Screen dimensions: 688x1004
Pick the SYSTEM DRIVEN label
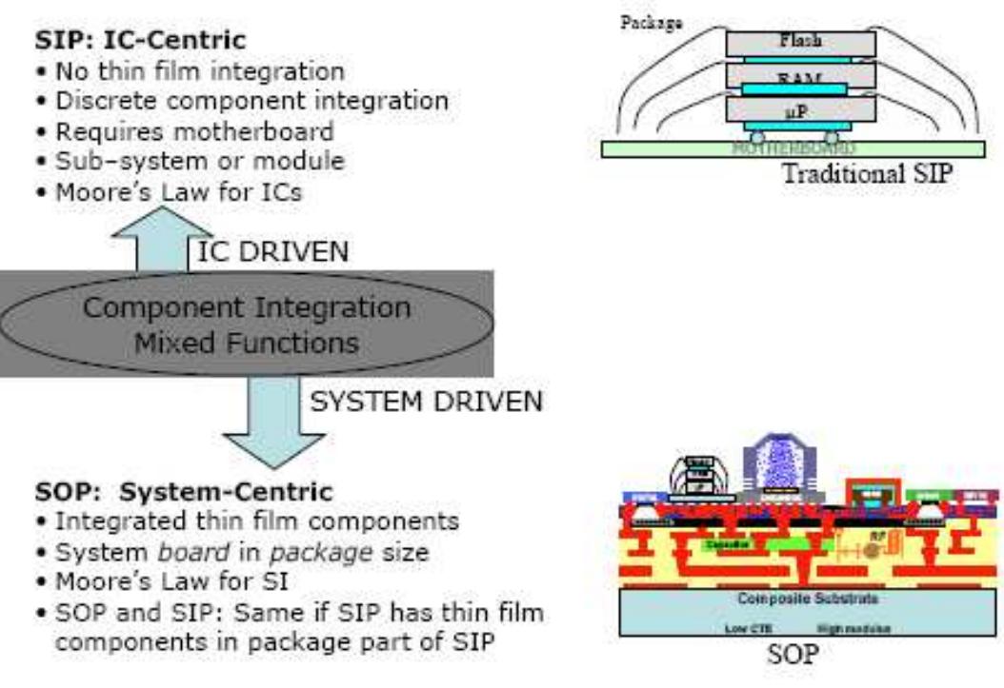tap(426, 403)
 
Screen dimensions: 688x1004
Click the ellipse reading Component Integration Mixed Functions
tap(248, 324)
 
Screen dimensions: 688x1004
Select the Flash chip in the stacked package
tap(799, 42)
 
